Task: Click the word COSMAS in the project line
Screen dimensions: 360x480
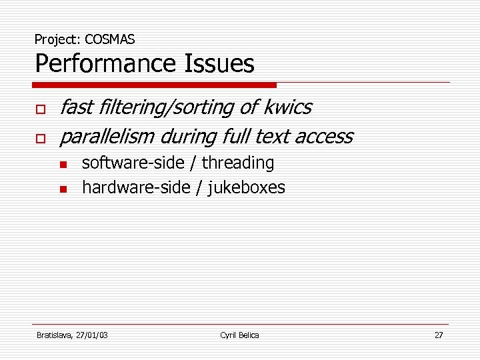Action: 110,40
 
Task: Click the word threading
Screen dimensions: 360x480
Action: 238,163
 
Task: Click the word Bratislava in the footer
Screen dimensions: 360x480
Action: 55,335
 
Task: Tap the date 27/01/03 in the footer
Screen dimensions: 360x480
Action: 92,335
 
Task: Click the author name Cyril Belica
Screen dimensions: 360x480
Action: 239,335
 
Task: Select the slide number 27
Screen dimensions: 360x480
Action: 438,335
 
